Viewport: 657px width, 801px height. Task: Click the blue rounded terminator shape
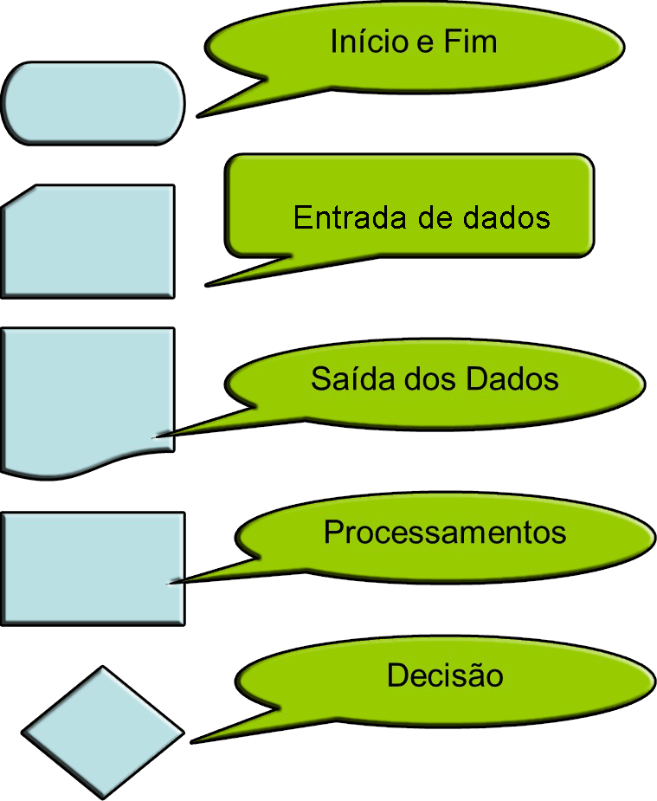[93, 102]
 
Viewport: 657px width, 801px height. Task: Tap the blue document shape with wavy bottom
[87, 394]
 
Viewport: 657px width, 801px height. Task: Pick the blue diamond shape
[103, 731]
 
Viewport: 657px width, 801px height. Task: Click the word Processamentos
[445, 532]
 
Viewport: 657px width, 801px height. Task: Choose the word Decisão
[445, 675]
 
